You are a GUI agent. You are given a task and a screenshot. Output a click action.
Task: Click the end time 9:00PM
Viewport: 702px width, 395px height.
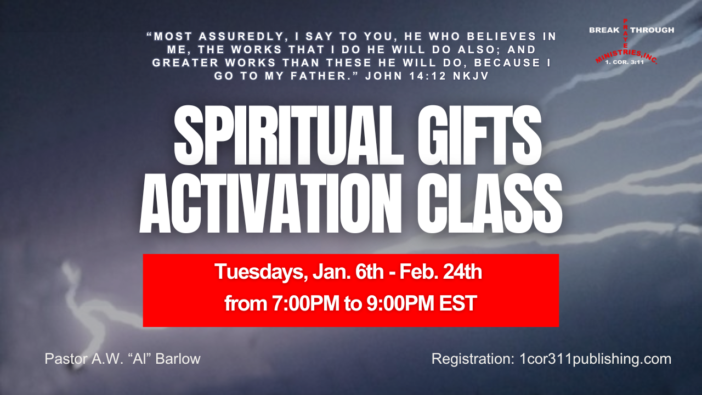[390, 303]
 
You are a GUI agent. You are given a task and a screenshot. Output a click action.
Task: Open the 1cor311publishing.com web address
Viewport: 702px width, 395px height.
[595, 359]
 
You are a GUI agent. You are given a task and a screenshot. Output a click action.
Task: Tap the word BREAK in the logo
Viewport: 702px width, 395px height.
[604, 30]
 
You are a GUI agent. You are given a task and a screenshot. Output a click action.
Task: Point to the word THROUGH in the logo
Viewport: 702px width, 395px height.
[652, 30]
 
